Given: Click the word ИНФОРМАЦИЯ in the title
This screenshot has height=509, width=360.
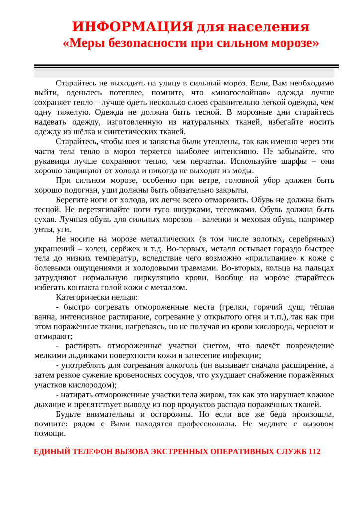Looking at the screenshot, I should pyautogui.click(x=132, y=26).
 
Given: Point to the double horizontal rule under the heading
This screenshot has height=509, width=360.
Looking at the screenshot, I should pyautogui.click(x=186, y=66).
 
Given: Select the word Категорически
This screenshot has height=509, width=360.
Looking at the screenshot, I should pyautogui.click(x=82, y=297).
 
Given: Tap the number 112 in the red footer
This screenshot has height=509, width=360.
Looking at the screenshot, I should pyautogui.click(x=314, y=452).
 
